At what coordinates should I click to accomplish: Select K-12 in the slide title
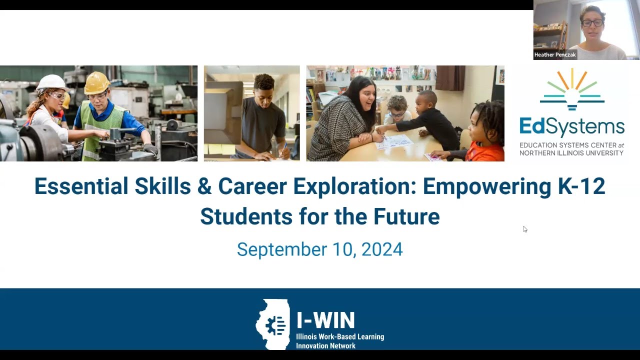click(x=581, y=186)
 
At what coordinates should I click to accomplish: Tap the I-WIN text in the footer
click(x=325, y=320)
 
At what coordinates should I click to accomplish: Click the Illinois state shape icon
click(x=273, y=323)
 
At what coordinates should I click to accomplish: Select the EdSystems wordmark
click(x=571, y=126)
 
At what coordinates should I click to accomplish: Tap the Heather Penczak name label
click(x=555, y=55)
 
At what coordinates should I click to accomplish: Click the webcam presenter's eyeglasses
click(x=592, y=22)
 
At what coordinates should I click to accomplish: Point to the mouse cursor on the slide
click(x=524, y=229)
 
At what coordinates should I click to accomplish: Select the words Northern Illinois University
click(x=571, y=153)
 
